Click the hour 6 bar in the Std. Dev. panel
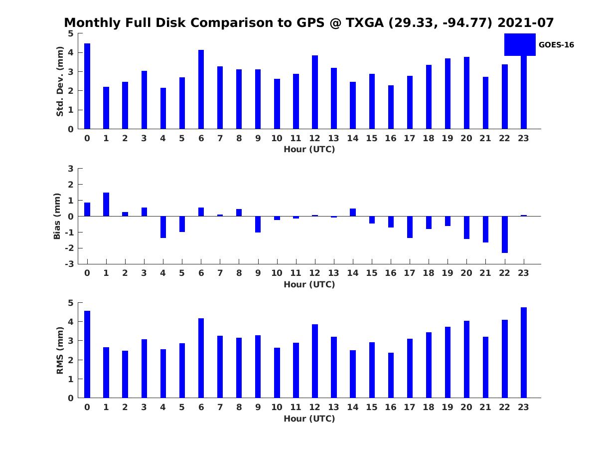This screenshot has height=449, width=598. click(x=201, y=90)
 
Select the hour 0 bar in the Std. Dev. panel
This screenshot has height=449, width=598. click(x=87, y=86)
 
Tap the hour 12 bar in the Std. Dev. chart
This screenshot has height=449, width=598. click(x=315, y=92)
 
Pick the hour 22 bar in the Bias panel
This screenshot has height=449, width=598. click(x=505, y=234)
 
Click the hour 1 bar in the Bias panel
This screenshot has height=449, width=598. click(x=106, y=205)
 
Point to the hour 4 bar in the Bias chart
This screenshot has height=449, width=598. click(x=163, y=227)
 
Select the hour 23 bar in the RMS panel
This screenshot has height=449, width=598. click(x=524, y=353)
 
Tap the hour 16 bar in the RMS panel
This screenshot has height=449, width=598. click(x=391, y=375)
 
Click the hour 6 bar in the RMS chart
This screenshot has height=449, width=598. click(x=201, y=358)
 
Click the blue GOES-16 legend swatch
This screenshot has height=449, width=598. click(x=520, y=44)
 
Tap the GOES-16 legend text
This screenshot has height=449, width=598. click(x=556, y=45)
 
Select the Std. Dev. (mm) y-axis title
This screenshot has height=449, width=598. click(x=60, y=81)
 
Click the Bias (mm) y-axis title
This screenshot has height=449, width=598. click(x=58, y=216)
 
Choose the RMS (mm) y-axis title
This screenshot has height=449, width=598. click(x=60, y=350)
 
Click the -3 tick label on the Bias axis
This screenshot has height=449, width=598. click(x=70, y=264)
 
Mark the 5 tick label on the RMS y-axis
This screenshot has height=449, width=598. click(x=71, y=303)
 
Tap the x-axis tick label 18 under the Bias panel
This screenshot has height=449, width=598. click(x=428, y=273)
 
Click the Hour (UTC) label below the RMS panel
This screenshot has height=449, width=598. click(x=309, y=419)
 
